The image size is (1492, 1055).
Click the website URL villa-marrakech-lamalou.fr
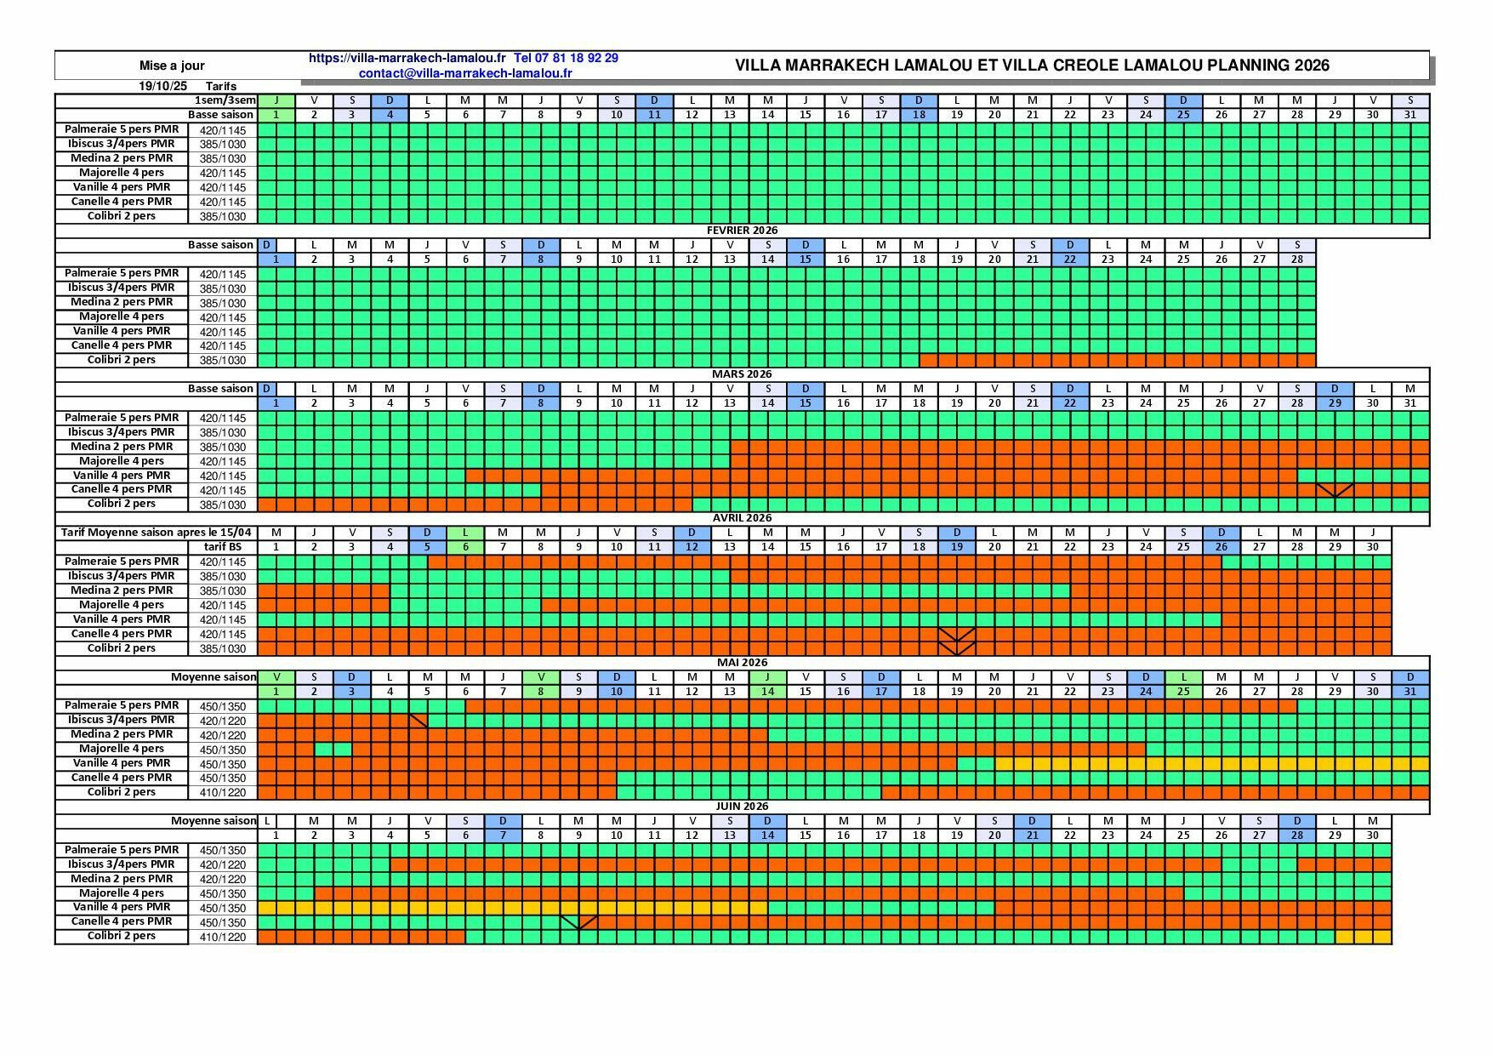(x=407, y=58)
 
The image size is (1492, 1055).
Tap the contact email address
(x=465, y=73)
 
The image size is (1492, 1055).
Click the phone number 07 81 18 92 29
(x=567, y=58)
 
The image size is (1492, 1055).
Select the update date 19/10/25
(x=162, y=86)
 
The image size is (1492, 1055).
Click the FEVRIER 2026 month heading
(x=742, y=231)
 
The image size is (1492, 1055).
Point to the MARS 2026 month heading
(x=742, y=374)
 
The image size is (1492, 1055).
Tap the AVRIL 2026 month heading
(x=742, y=518)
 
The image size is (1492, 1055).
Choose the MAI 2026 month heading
(x=742, y=662)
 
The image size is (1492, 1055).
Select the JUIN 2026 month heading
(x=742, y=806)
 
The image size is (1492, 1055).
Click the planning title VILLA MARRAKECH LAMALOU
(x=1031, y=66)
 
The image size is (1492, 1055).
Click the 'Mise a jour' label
(x=172, y=66)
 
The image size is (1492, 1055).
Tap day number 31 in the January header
(x=1409, y=115)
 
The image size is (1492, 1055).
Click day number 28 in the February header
(x=1296, y=259)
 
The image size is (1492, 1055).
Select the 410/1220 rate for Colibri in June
(x=223, y=937)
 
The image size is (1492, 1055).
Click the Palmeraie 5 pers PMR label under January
(x=122, y=129)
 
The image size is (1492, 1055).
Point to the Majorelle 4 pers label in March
(x=122, y=461)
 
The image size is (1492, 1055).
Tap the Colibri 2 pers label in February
(x=122, y=360)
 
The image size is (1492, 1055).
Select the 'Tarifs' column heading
(x=220, y=86)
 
